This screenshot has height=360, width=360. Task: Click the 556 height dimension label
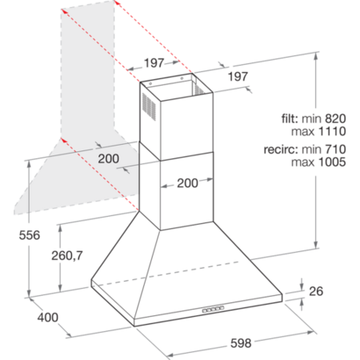30,235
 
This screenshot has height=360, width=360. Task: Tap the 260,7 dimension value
67,255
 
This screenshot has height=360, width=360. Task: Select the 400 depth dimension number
48,318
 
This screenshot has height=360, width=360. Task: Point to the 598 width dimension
241,343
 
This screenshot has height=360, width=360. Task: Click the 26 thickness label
316,291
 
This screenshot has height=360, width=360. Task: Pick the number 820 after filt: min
335,118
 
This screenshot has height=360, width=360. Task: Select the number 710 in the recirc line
335,150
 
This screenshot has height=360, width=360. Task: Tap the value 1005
332,162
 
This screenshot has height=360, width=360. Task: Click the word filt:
290,118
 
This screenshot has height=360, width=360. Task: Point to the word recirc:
281,150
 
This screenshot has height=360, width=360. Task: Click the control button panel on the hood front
213,310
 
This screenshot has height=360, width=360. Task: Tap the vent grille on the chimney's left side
149,106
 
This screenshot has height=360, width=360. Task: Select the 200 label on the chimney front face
187,183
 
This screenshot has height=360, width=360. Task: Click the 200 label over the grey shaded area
108,159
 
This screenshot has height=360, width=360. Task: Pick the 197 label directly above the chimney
154,63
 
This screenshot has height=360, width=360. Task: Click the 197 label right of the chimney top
238,77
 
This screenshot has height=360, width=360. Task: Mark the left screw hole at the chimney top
150,84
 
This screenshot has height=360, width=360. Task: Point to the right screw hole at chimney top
182,78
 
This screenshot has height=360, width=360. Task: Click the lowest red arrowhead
63,140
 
